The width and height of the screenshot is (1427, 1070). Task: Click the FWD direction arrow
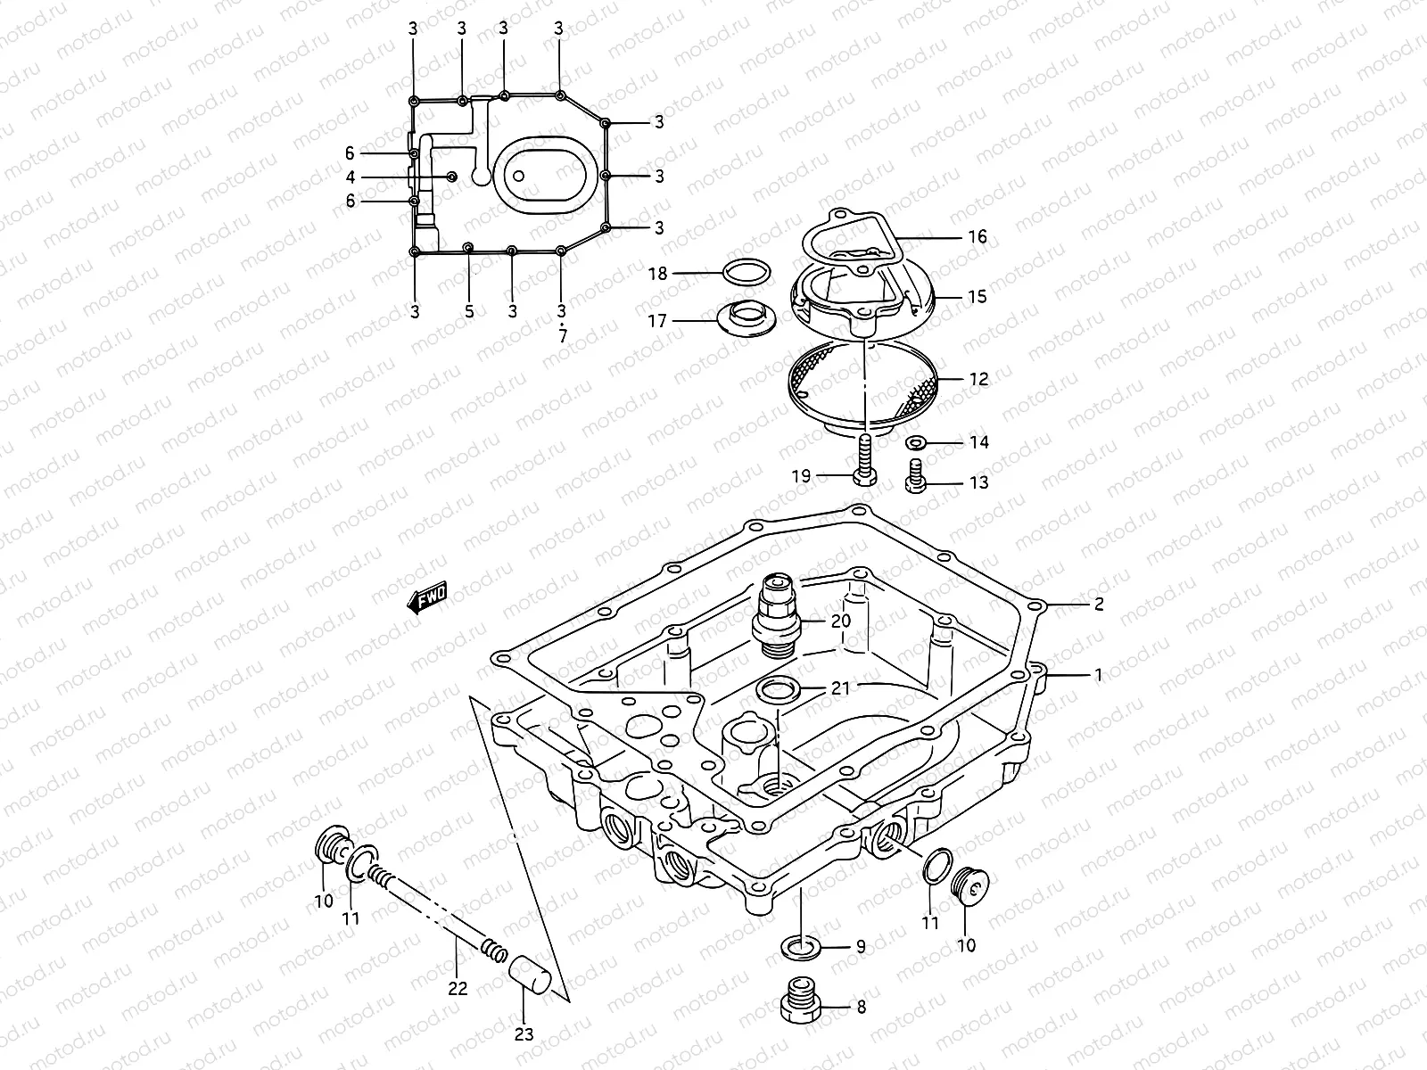coord(427,598)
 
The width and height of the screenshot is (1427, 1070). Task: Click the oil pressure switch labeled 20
coord(777,617)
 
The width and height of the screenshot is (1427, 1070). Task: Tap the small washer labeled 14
coord(915,442)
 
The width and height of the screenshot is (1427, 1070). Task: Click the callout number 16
coord(977,237)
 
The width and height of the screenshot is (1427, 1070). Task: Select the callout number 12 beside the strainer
coord(978,380)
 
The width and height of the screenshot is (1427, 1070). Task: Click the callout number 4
coord(351,177)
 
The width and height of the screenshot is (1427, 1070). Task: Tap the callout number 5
coord(469,312)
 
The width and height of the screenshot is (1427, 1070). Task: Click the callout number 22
coord(457,988)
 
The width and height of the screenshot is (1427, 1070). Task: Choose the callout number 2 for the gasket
coord(1099,605)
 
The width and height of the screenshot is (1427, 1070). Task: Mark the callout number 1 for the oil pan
coord(1099,676)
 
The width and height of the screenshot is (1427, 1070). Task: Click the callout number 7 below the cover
coord(562,338)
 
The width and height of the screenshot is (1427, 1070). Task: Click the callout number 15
coord(977,297)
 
